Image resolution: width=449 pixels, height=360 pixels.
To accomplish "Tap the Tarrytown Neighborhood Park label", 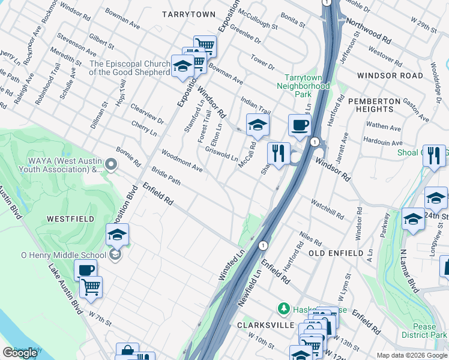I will click(307, 86).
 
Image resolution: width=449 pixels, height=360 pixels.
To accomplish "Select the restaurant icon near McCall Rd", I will click(279, 153).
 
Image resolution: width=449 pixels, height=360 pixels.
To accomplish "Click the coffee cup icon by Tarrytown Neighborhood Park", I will click(300, 125).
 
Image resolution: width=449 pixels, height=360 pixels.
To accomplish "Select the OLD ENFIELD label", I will click(336, 253).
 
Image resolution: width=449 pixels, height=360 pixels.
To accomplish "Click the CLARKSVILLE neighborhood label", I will click(265, 325).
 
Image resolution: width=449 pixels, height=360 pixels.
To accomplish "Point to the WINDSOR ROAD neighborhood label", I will click(390, 76).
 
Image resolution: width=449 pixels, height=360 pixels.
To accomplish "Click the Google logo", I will click(20, 353).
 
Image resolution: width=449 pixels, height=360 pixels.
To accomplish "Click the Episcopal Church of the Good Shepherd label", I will click(130, 68).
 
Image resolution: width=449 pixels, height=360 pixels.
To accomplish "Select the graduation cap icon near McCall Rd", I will click(258, 125).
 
